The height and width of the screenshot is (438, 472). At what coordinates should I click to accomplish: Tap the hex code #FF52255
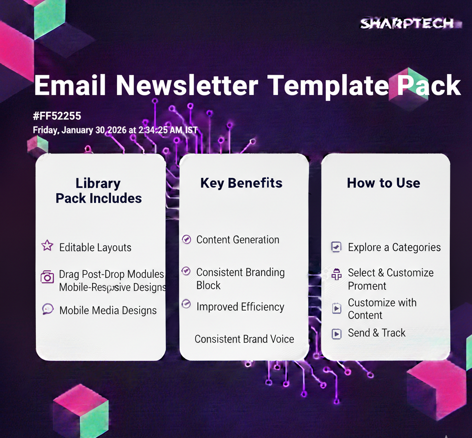click(57, 116)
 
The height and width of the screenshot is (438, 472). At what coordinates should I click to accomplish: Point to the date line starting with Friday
click(115, 130)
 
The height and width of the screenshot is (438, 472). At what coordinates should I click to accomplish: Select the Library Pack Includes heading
click(99, 190)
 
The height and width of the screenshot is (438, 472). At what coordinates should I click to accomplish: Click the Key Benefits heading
click(242, 183)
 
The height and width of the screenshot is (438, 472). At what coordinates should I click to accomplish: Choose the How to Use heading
click(383, 183)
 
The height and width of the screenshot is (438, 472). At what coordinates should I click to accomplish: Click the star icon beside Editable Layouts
click(47, 246)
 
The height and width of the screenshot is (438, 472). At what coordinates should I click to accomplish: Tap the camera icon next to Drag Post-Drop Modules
click(47, 277)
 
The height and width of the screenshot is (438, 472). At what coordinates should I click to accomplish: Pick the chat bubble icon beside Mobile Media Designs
click(48, 309)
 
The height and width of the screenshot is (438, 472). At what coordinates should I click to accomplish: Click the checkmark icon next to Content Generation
click(187, 239)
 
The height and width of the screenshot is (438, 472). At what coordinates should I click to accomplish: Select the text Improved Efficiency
click(240, 307)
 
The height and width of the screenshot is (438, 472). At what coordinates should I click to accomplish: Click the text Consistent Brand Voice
click(244, 339)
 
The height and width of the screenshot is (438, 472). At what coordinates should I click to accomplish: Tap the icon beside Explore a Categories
click(336, 247)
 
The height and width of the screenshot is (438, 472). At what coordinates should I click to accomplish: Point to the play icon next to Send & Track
click(336, 334)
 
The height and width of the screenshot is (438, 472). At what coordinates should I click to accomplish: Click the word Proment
click(367, 286)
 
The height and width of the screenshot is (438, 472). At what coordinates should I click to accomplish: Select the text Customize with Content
click(382, 309)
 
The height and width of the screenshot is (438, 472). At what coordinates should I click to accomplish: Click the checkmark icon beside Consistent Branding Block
click(186, 271)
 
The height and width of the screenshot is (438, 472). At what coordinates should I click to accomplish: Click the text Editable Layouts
click(95, 248)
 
